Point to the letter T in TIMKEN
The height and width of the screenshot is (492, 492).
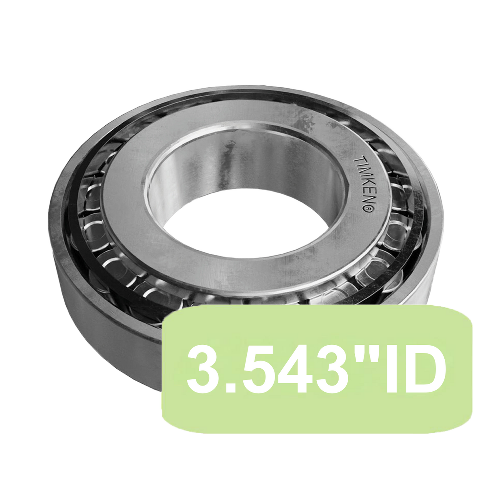[356, 158]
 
